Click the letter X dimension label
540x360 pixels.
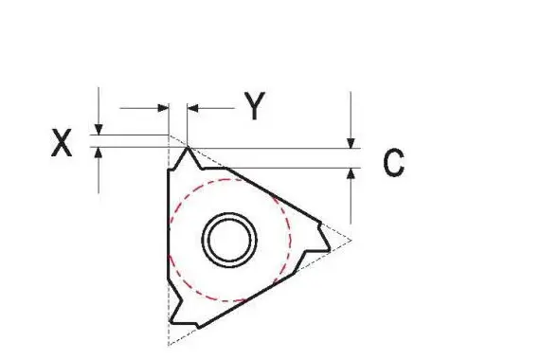(62, 143)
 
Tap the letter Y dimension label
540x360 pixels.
(255, 106)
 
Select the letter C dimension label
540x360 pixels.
(394, 163)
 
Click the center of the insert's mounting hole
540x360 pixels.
(229, 240)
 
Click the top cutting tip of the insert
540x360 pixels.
(188, 148)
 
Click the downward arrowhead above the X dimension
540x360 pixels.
(99, 130)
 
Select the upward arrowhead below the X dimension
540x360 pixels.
(99, 153)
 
